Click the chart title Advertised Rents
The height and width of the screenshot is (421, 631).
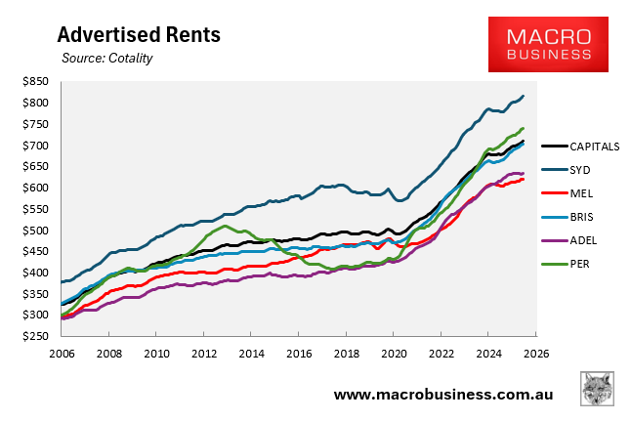(x=138, y=35)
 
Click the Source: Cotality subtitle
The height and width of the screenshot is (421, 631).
(x=106, y=59)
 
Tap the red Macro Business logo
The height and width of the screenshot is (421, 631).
(x=548, y=44)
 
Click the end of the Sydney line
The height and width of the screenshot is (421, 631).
(x=524, y=96)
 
